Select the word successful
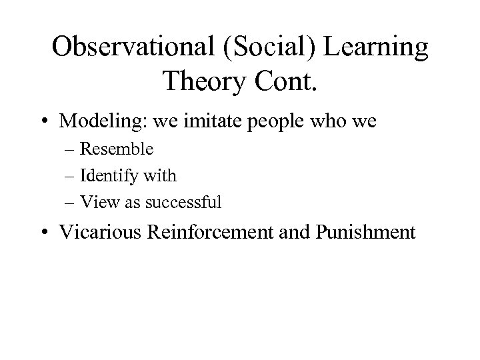click(x=189, y=202)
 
